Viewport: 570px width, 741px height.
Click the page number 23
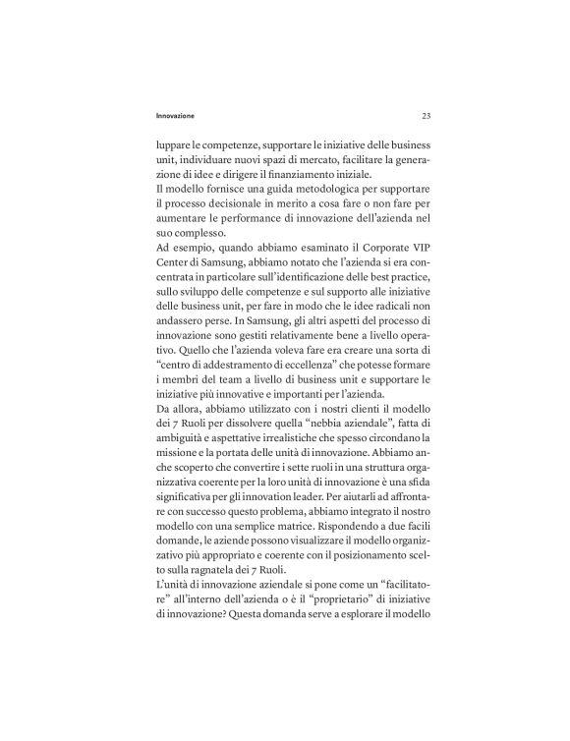pyautogui.click(x=426, y=116)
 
